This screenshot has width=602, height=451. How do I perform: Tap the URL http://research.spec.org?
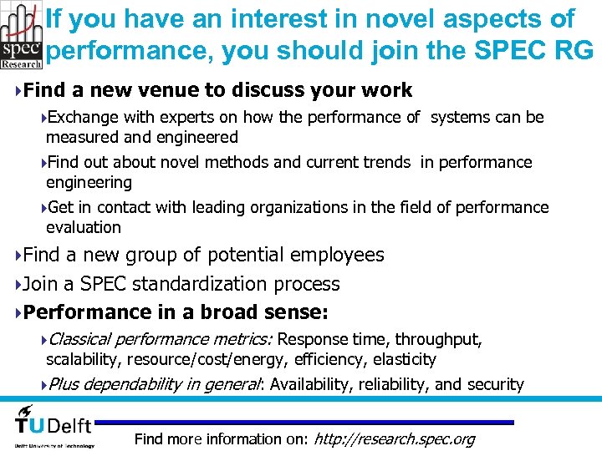click(x=393, y=439)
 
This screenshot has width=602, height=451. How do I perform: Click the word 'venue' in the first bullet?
click(x=187, y=89)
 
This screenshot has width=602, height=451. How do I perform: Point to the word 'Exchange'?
click(x=84, y=117)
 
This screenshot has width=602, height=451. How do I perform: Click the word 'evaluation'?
click(x=84, y=227)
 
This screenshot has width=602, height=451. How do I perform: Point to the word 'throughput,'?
click(x=438, y=339)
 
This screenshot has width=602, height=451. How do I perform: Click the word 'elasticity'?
click(x=405, y=359)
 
